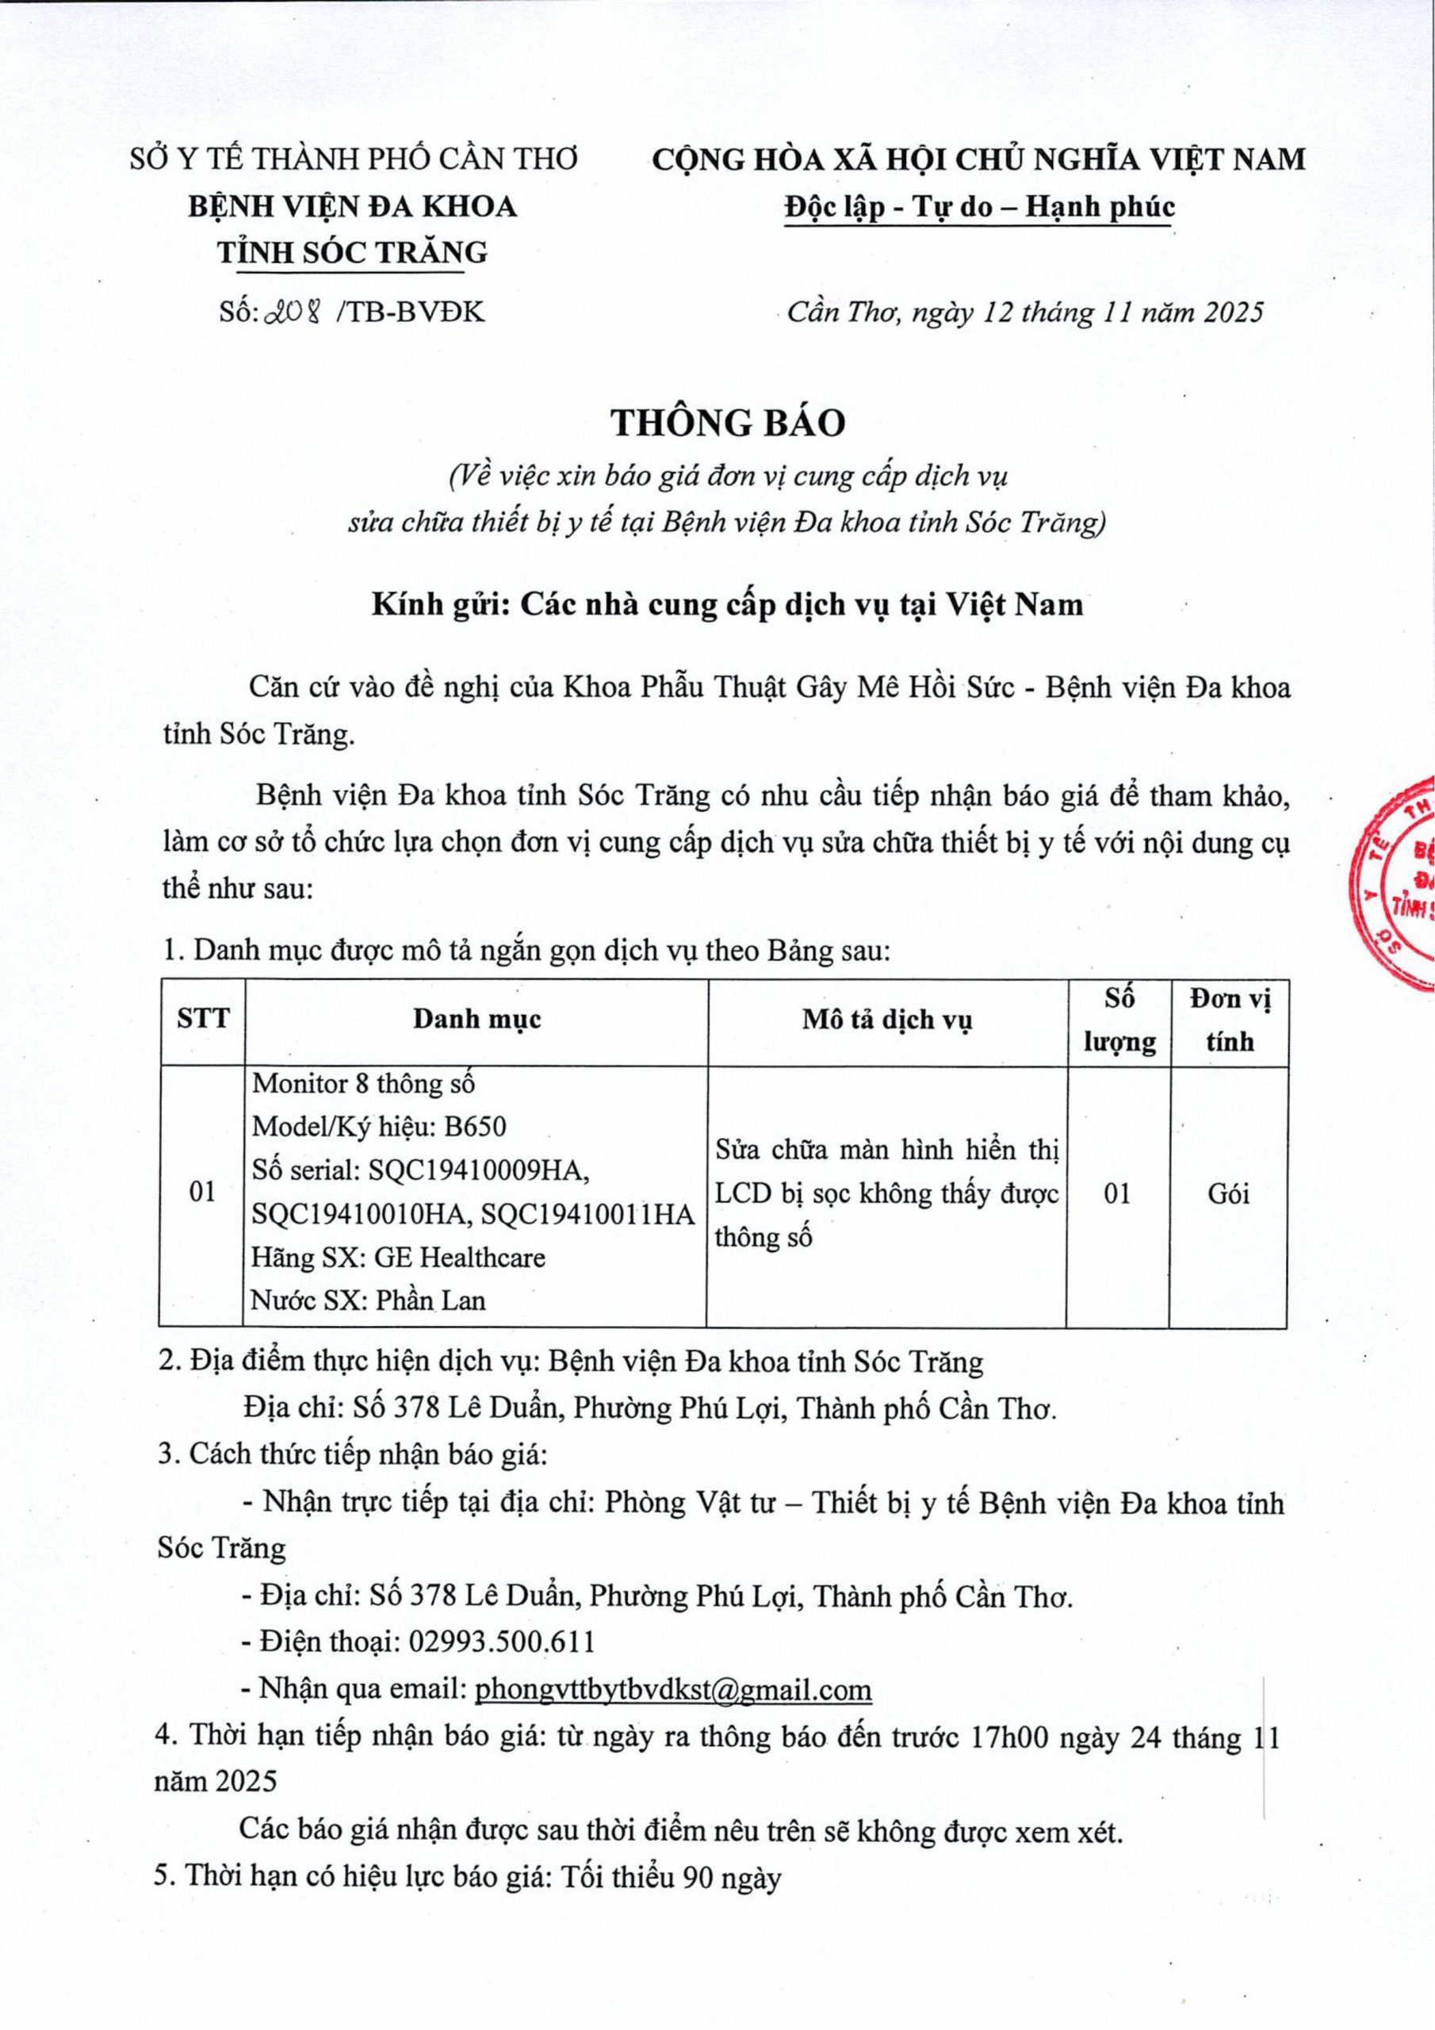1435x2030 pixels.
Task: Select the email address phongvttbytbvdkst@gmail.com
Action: tap(673, 1690)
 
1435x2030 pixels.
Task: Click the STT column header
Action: tap(202, 1018)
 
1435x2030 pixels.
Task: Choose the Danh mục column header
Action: tap(476, 1018)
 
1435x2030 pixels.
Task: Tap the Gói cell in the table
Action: tap(1228, 1193)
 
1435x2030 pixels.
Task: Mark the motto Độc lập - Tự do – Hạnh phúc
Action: tap(979, 206)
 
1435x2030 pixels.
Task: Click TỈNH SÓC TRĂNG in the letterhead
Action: tap(353, 252)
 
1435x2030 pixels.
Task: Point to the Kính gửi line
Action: tap(727, 604)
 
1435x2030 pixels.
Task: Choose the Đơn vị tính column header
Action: tap(1229, 1018)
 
